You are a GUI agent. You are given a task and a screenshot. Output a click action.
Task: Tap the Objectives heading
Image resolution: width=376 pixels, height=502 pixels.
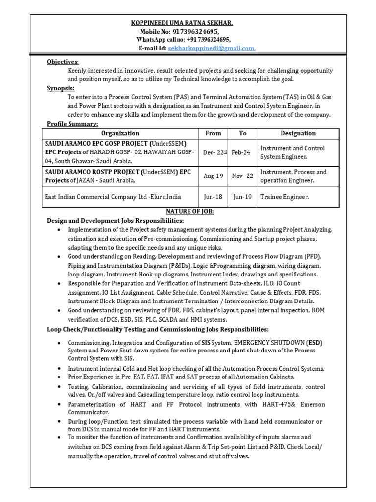point(63,62)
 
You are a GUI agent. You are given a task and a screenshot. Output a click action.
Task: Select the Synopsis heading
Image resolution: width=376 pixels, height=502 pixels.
point(61,88)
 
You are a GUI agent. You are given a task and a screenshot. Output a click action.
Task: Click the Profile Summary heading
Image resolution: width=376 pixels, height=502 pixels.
point(72,124)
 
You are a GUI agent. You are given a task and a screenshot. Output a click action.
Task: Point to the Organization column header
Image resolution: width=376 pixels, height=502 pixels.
point(120,133)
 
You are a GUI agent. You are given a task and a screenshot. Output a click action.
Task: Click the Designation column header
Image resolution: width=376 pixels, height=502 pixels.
point(298,133)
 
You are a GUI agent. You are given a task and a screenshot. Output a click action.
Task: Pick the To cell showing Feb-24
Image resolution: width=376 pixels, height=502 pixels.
point(241,152)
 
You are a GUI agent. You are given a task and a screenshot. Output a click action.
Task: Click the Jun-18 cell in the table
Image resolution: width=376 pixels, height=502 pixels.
point(213,197)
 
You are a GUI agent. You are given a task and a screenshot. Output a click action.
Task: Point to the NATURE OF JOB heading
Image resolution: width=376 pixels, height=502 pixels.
point(190,211)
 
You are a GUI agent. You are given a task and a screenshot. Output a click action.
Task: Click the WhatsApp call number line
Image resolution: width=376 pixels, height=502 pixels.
point(184,40)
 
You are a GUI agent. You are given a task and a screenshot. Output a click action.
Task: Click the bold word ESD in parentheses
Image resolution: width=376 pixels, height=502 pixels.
point(314,342)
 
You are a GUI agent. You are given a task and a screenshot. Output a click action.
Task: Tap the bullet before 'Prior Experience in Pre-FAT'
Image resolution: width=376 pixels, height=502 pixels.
point(59,377)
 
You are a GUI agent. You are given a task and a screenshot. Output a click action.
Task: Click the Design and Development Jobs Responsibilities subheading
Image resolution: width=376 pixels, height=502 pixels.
point(115,220)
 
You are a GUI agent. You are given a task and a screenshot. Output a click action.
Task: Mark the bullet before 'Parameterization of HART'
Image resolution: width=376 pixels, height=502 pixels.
point(59,404)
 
